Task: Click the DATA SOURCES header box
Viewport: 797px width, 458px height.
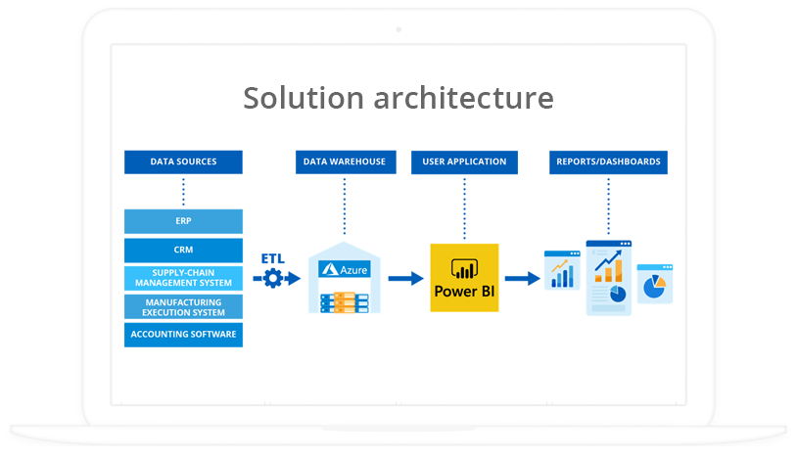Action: coord(183,161)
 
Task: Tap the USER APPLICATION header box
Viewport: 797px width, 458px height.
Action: coord(464,161)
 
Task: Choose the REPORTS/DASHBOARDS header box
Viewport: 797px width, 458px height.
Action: coord(608,161)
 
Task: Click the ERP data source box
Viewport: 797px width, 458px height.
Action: coord(183,221)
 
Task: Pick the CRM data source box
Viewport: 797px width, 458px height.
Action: coord(183,250)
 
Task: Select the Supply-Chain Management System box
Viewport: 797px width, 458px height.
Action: coord(183,278)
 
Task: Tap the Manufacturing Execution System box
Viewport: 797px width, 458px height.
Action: coord(183,306)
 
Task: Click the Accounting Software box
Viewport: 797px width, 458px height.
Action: coord(183,335)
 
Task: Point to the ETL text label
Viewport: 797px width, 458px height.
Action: coord(272,258)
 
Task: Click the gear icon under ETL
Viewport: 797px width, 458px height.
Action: coord(272,279)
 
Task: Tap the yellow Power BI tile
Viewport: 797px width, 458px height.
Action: coord(464,278)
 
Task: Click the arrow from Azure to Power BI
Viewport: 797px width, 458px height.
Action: coord(403,279)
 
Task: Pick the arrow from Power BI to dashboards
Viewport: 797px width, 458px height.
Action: coord(522,279)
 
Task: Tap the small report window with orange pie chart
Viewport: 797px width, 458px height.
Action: coord(654,284)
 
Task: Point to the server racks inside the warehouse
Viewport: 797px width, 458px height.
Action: coord(345,301)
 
